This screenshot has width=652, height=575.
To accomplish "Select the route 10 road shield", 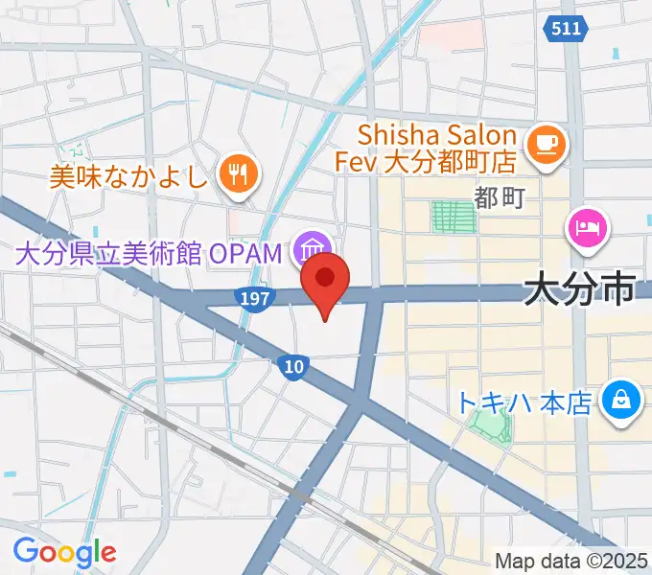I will pos(293,365).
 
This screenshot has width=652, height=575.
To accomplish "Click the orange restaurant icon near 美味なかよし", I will pos(237,173).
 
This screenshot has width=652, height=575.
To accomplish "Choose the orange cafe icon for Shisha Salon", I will pos(550,145).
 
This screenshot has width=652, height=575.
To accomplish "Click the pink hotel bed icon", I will pos(587,226).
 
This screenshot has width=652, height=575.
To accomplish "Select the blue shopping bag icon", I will pos(620,399).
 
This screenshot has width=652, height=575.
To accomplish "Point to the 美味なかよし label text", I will pos(130,174).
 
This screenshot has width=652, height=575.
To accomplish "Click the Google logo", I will pos(64,552).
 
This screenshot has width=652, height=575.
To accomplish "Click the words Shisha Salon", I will pos(438,134).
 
